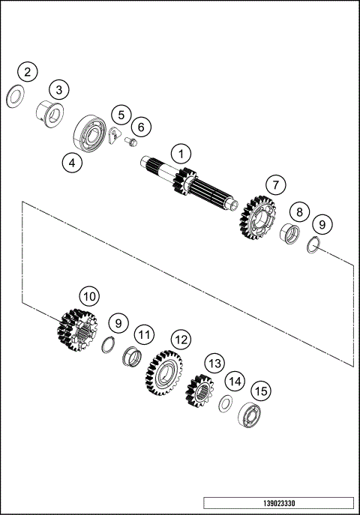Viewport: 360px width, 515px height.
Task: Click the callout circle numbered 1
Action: click(x=180, y=154)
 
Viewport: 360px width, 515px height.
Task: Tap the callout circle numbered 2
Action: click(x=28, y=73)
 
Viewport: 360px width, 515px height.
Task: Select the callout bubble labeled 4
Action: click(x=71, y=161)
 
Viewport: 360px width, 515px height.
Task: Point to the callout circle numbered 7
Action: click(x=275, y=184)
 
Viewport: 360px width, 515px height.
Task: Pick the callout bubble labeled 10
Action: click(x=89, y=297)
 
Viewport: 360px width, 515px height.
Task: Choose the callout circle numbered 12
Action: click(x=180, y=340)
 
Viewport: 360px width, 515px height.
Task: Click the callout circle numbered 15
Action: click(x=262, y=391)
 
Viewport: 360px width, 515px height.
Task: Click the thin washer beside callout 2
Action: click(x=13, y=97)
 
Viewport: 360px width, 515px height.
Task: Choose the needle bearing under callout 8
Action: click(x=289, y=234)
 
